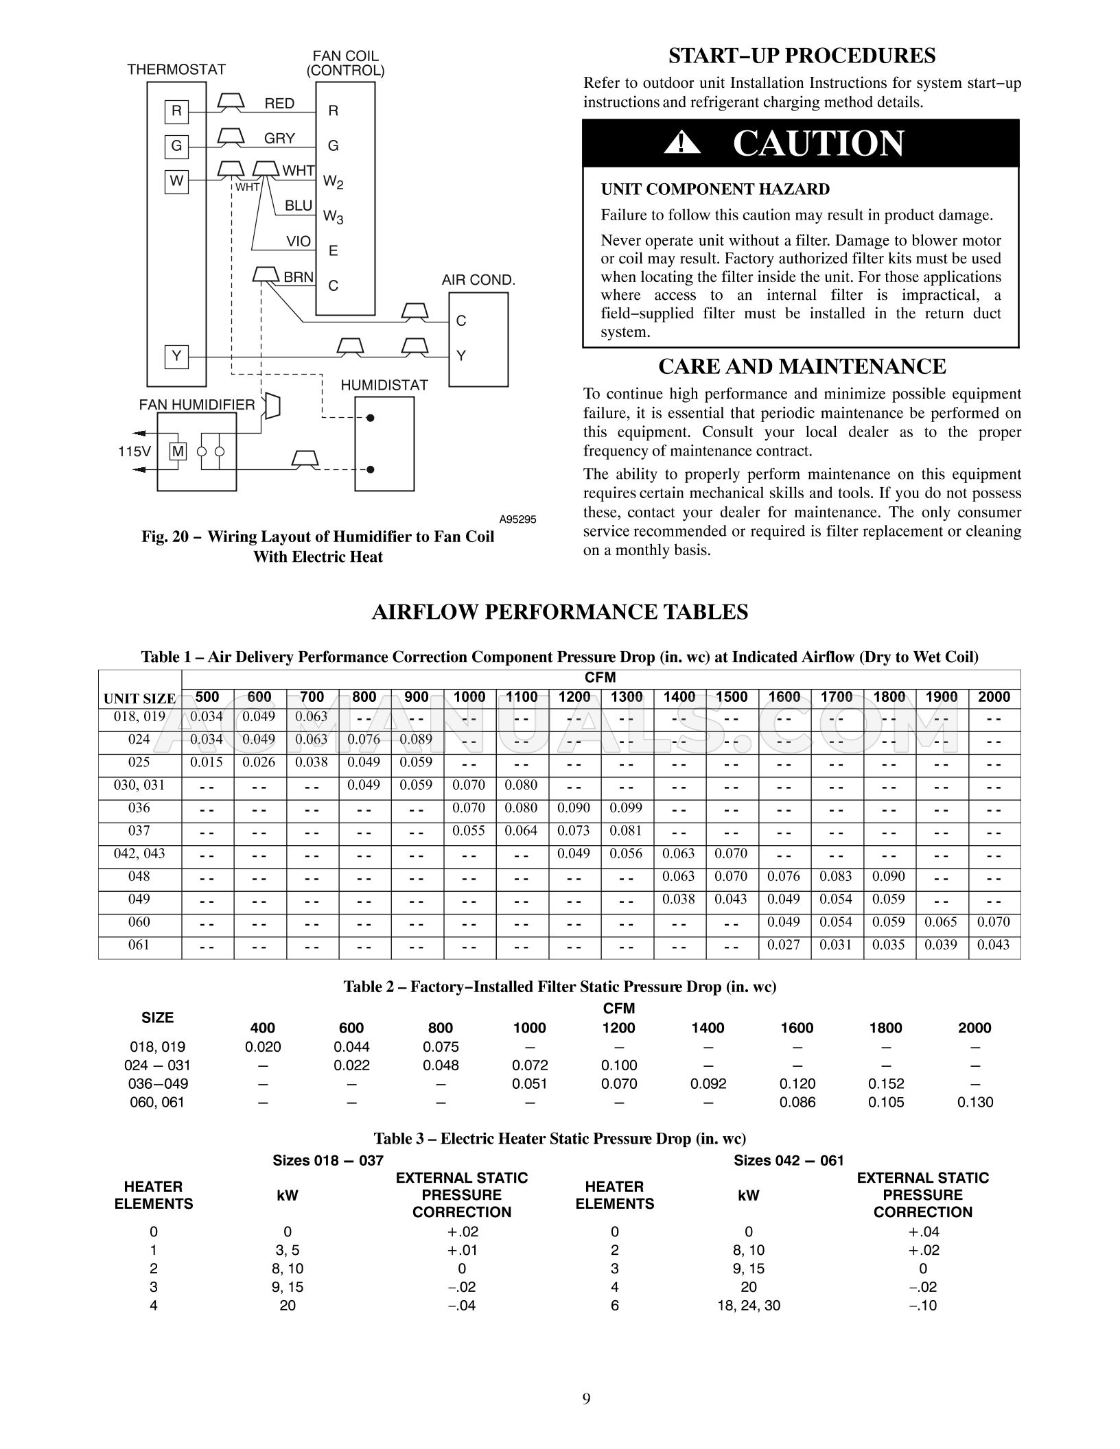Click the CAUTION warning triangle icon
681,143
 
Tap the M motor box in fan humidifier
178,451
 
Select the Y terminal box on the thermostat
176,356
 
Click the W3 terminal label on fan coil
334,217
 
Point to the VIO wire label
299,241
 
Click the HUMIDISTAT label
384,385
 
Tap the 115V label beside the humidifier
134,451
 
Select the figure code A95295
517,519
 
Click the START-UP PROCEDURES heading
802,55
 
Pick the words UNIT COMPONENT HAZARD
715,189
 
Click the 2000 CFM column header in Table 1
994,697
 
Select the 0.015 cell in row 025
207,762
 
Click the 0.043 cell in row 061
994,945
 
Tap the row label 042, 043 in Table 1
139,853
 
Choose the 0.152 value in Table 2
886,1083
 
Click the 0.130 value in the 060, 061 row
975,1102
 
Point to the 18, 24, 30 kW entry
748,1305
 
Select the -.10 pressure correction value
922,1305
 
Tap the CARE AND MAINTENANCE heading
802,366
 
